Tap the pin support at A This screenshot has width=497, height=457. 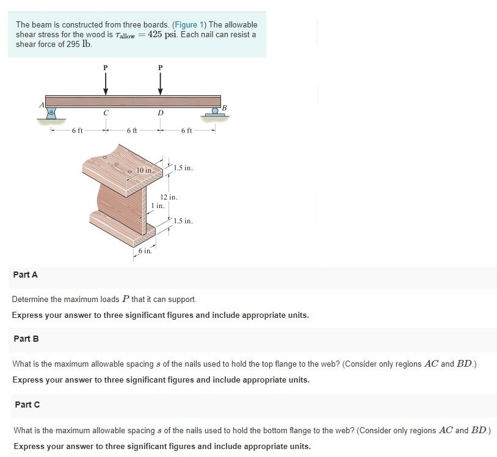click(x=52, y=112)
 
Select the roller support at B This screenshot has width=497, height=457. click(x=214, y=112)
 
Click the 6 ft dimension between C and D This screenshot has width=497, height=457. click(x=132, y=131)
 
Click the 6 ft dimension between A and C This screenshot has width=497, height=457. click(x=77, y=131)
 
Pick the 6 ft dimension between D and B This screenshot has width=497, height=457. click(x=187, y=131)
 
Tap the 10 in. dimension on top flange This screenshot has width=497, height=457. click(x=145, y=170)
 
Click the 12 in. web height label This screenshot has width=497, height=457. click(x=169, y=197)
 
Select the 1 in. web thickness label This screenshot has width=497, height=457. click(x=158, y=206)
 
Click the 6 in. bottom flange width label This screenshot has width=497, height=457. click(x=145, y=251)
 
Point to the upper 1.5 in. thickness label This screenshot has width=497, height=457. click(x=183, y=168)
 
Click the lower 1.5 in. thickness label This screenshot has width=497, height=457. click(x=183, y=221)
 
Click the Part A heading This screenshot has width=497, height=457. click(x=25, y=275)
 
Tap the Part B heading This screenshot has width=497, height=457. click(x=26, y=339)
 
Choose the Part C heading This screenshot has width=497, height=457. click(x=27, y=404)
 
